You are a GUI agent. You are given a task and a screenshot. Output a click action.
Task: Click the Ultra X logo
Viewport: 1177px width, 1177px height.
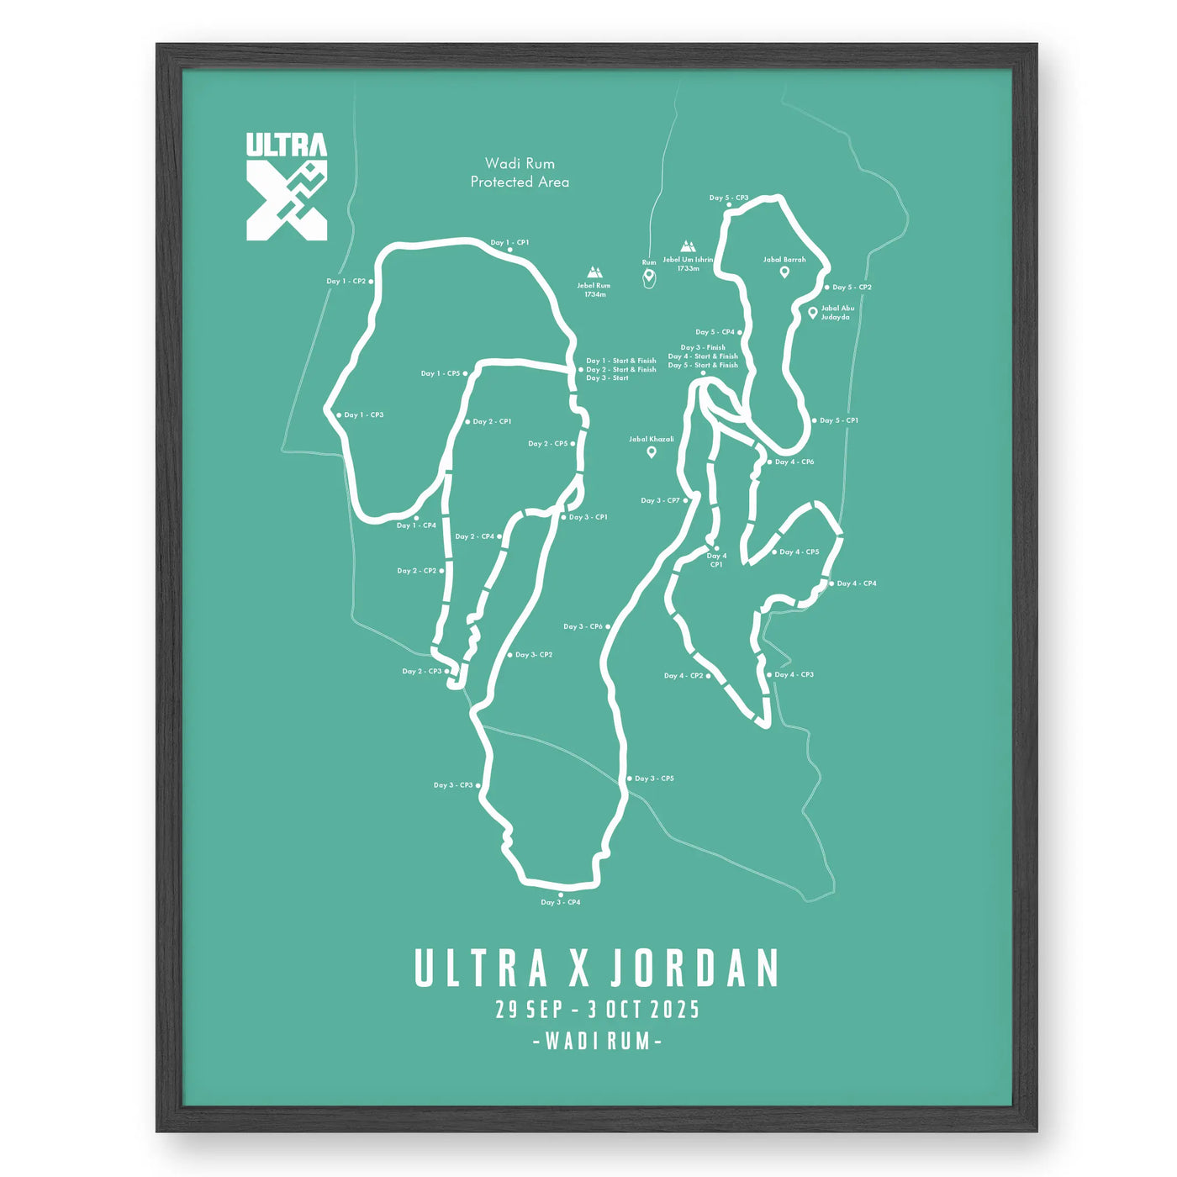[x=287, y=187]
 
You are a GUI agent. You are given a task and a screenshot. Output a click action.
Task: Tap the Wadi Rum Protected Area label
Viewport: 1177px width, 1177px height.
[x=520, y=172]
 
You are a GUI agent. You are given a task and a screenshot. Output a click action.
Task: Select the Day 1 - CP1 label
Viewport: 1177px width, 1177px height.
[x=510, y=242]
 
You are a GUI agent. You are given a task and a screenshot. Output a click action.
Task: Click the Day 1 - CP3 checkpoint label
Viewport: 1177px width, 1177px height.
[x=364, y=414]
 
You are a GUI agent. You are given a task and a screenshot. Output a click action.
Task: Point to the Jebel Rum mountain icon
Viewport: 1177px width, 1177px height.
[x=595, y=272]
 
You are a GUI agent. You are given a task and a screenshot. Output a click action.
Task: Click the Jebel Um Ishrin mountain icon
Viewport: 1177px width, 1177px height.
[x=688, y=247]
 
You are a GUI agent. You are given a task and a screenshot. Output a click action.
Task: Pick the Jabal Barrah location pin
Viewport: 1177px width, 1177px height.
[x=784, y=272]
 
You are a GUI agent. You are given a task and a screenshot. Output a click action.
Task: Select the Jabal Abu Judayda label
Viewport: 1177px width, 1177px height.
[x=837, y=313]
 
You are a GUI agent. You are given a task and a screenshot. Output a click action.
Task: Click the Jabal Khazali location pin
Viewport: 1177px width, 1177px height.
[x=651, y=452]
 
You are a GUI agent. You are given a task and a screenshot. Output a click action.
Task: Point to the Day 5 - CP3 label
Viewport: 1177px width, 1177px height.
[x=729, y=198]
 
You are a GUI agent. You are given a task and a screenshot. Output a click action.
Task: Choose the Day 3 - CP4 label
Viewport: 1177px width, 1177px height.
[x=561, y=902]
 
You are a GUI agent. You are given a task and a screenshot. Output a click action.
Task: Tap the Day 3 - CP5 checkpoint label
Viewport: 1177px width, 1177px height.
[x=654, y=779]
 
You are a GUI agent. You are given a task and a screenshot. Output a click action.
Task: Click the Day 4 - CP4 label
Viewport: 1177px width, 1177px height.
[x=857, y=583]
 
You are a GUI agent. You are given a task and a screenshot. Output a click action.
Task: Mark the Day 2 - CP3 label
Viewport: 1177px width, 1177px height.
[x=422, y=671]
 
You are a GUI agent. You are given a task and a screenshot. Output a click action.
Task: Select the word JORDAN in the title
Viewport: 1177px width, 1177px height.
[x=694, y=969]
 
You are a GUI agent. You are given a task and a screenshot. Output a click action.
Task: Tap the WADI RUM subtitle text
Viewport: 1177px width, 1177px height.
[x=598, y=1041]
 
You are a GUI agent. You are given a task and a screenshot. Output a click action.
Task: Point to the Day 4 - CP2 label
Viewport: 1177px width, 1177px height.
[x=684, y=675]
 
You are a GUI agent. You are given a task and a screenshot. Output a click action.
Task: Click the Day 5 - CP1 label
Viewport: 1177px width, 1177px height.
[x=839, y=420]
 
